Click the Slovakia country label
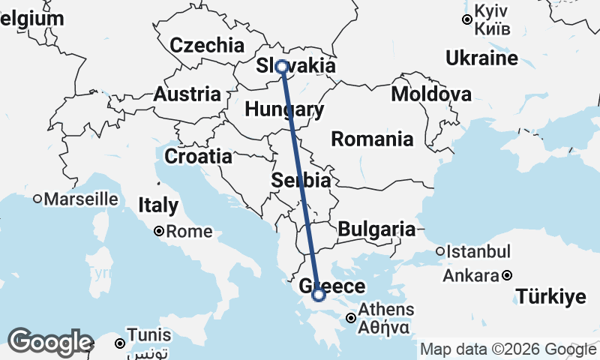tap(295, 66)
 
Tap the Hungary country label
tap(284, 110)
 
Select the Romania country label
tap(372, 139)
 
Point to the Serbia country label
tap(301, 181)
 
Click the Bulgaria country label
tap(376, 229)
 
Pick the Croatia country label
tap(198, 157)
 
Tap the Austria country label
tap(187, 95)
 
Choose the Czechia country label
tap(207, 45)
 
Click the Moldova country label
tap(431, 94)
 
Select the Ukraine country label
tap(481, 58)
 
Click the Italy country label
tap(157, 205)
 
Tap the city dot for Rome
tap(159, 232)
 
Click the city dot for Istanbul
tap(441, 251)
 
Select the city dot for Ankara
tap(508, 275)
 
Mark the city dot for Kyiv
tap(467, 20)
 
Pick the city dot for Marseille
tap(37, 199)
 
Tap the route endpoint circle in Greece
tap(319, 295)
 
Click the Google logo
tap(49, 342)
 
